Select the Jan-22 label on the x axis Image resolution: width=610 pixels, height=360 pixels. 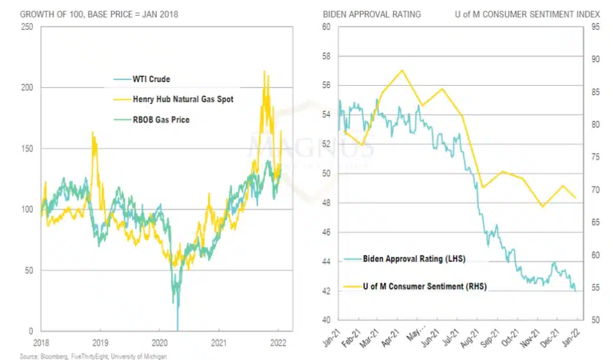(577, 338)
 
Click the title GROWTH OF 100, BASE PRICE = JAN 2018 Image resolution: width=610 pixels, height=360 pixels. (91, 14)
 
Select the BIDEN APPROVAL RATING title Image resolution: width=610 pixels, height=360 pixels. (371, 14)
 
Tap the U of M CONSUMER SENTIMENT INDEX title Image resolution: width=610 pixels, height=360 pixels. (527, 14)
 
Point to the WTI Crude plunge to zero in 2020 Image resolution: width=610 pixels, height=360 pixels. (177, 329)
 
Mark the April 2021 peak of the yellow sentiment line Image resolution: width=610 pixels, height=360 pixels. (403, 70)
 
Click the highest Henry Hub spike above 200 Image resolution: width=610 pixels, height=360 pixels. (264, 71)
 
